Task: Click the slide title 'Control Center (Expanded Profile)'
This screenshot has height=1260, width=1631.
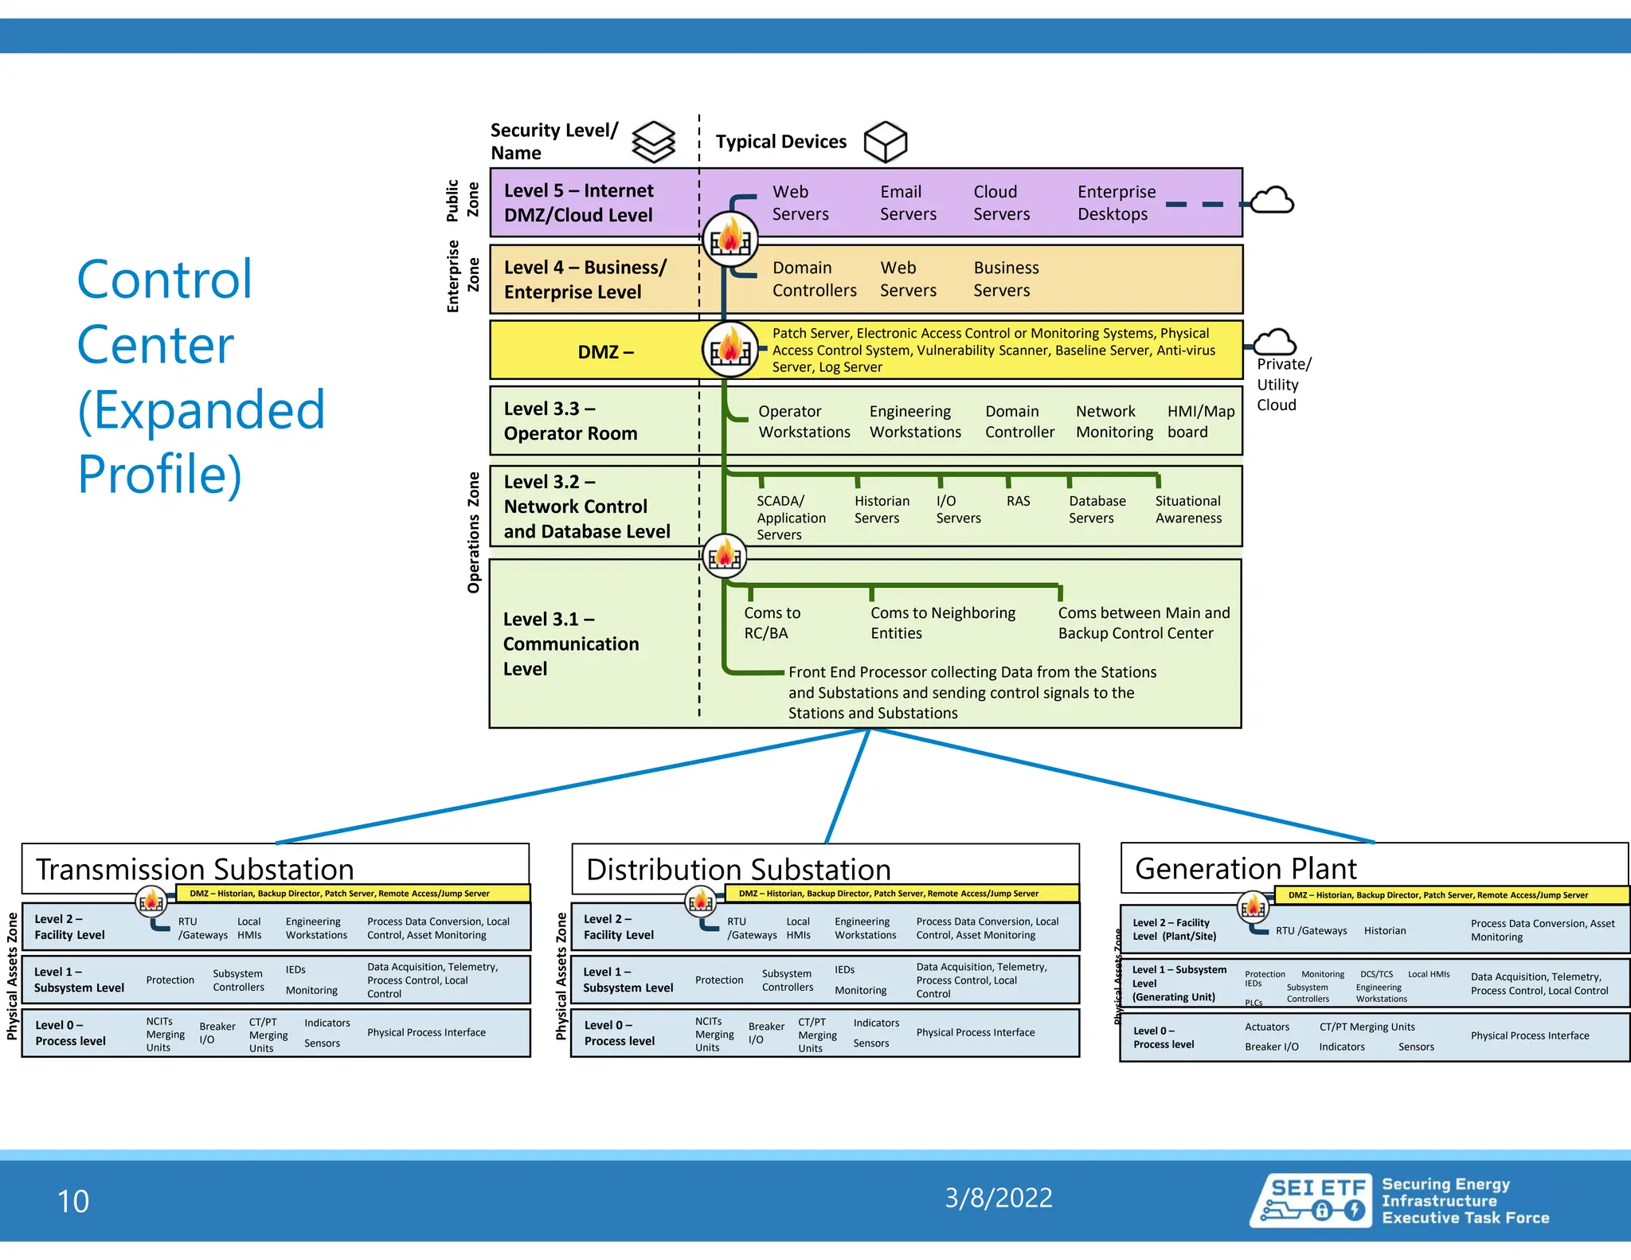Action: pos(201,377)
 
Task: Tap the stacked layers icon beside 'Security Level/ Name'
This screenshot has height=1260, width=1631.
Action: pos(653,143)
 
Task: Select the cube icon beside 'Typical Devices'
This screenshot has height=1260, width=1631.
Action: pos(885,143)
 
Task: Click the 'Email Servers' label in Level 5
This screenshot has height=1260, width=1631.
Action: pos(908,203)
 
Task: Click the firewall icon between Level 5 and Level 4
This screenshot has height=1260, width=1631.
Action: pos(730,239)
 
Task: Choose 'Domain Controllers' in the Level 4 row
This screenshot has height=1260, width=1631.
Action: pos(814,280)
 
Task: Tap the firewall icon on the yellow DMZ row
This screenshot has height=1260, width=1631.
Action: pos(730,350)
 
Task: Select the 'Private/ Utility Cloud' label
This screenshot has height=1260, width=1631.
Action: pos(1283,385)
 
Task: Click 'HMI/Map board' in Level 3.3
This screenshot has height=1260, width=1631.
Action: pos(1200,421)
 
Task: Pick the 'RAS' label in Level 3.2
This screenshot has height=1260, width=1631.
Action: pos(1018,501)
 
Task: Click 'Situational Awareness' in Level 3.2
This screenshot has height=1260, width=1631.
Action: pos(1187,510)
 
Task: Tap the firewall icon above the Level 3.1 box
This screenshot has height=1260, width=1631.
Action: pos(725,556)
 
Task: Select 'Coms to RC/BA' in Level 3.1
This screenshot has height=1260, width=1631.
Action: pos(771,623)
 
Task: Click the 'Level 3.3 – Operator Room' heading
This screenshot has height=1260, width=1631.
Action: pos(570,421)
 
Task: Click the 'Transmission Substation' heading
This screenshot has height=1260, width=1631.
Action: pos(194,869)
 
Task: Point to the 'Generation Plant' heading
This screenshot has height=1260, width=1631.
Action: pos(1245,868)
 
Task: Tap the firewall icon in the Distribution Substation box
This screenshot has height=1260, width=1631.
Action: pos(701,902)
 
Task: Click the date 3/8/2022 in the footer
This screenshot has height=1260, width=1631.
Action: pos(998,1198)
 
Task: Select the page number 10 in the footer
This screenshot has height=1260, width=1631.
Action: pos(73,1201)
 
